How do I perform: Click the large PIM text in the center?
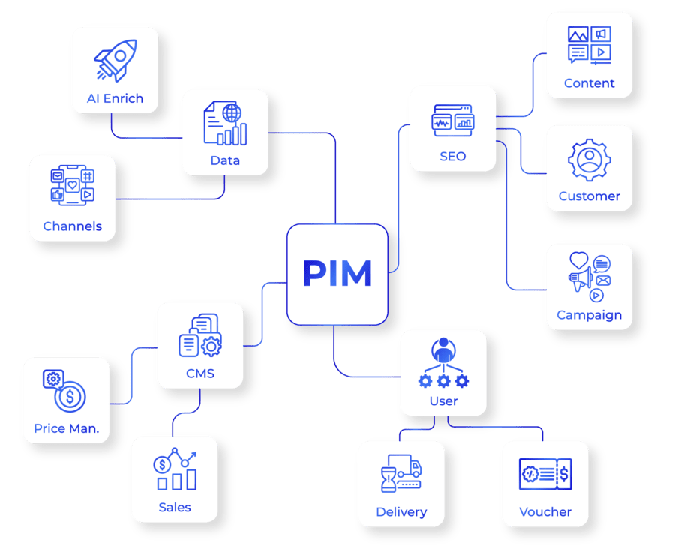pos(337,274)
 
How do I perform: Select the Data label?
pos(225,160)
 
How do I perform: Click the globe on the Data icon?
pos(233,113)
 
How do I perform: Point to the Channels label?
pos(72,226)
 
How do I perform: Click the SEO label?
pos(452,157)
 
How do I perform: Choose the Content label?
pos(589,83)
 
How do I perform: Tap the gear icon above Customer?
pos(589,160)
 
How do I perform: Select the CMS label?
pos(199,373)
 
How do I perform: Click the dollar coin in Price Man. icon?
pos(70,397)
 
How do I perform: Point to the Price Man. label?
pos(67,429)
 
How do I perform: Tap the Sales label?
pos(175,508)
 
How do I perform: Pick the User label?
pos(443,401)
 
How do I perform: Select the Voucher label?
pos(545,512)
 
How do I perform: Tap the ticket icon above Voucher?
pos(545,475)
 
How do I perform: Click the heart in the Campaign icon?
pos(577,260)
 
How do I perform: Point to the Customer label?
pos(589,196)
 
